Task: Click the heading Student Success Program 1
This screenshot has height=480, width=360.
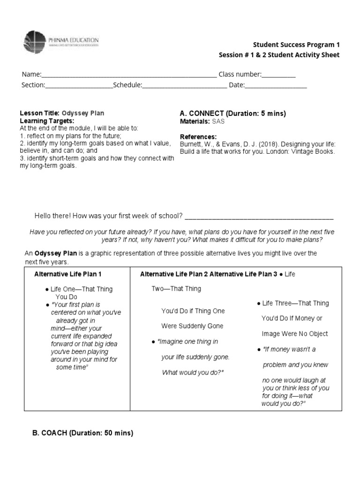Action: click(x=296, y=45)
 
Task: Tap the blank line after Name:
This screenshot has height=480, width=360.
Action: click(x=129, y=75)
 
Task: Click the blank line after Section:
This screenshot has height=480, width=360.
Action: click(x=79, y=85)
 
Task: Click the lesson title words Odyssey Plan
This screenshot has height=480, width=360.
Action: click(x=83, y=113)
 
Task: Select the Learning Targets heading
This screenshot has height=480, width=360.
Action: click(x=46, y=121)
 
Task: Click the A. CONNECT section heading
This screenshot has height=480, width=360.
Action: click(x=233, y=114)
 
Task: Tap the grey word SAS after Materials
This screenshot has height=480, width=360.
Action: click(x=218, y=121)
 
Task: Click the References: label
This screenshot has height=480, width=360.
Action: click(x=198, y=136)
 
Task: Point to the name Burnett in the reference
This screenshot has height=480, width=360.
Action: click(x=191, y=144)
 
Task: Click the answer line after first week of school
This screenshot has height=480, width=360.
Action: click(x=259, y=216)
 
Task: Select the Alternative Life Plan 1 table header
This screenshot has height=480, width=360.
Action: click(x=68, y=274)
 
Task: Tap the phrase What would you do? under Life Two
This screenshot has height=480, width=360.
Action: click(x=193, y=373)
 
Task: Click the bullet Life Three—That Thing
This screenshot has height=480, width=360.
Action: click(x=294, y=303)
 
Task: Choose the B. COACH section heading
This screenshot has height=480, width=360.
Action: click(x=83, y=434)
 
